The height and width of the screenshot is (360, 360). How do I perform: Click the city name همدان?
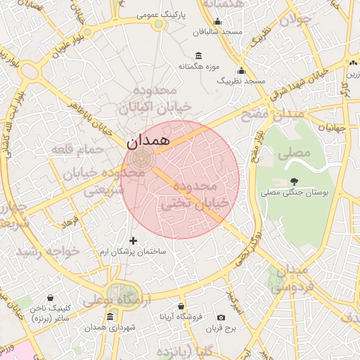(148, 141)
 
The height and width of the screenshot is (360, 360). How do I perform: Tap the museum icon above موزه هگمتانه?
(199, 56)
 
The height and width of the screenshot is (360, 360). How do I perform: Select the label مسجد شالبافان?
(221, 32)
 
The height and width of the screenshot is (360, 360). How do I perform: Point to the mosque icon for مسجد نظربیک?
(242, 70)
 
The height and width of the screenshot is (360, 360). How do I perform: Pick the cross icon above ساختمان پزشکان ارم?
(134, 241)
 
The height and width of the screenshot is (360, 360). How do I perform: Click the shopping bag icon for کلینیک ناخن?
(51, 297)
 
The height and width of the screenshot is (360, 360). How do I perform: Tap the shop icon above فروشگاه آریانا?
(181, 307)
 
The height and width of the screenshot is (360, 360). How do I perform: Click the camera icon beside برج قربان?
(221, 318)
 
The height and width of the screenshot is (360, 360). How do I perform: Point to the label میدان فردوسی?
(290, 278)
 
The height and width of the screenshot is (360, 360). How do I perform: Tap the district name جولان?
(295, 20)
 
